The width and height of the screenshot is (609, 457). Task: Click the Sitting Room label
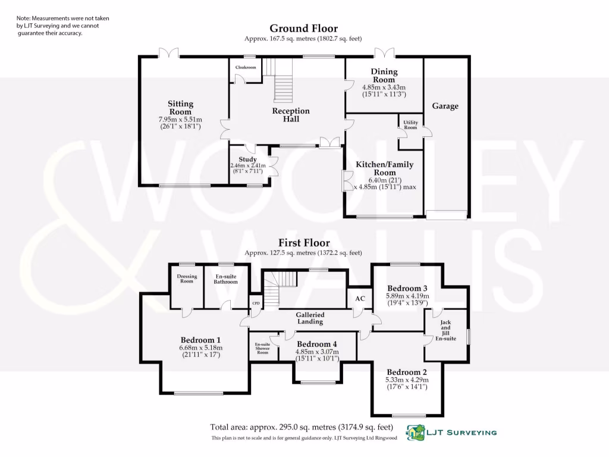click(x=180, y=108)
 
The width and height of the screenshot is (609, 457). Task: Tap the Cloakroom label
click(x=246, y=68)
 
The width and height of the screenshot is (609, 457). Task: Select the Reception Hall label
click(x=291, y=115)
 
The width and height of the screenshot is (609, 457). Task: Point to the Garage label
click(x=445, y=106)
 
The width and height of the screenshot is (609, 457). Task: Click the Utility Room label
click(x=411, y=125)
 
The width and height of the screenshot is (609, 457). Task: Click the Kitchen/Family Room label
click(x=384, y=168)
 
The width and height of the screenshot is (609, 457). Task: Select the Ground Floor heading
click(x=303, y=29)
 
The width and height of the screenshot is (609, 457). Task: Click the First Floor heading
click(x=303, y=243)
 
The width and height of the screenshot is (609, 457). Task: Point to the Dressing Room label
click(x=187, y=278)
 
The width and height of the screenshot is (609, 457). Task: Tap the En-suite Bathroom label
click(x=225, y=278)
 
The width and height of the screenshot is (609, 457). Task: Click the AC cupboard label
click(x=360, y=299)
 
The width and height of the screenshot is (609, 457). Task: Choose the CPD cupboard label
click(x=256, y=303)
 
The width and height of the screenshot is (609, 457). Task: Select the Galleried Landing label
click(x=310, y=318)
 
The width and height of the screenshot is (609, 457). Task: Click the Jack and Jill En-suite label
click(x=445, y=330)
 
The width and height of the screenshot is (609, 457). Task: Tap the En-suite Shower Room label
click(x=263, y=348)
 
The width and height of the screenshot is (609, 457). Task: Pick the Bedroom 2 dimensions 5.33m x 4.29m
click(x=407, y=383)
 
